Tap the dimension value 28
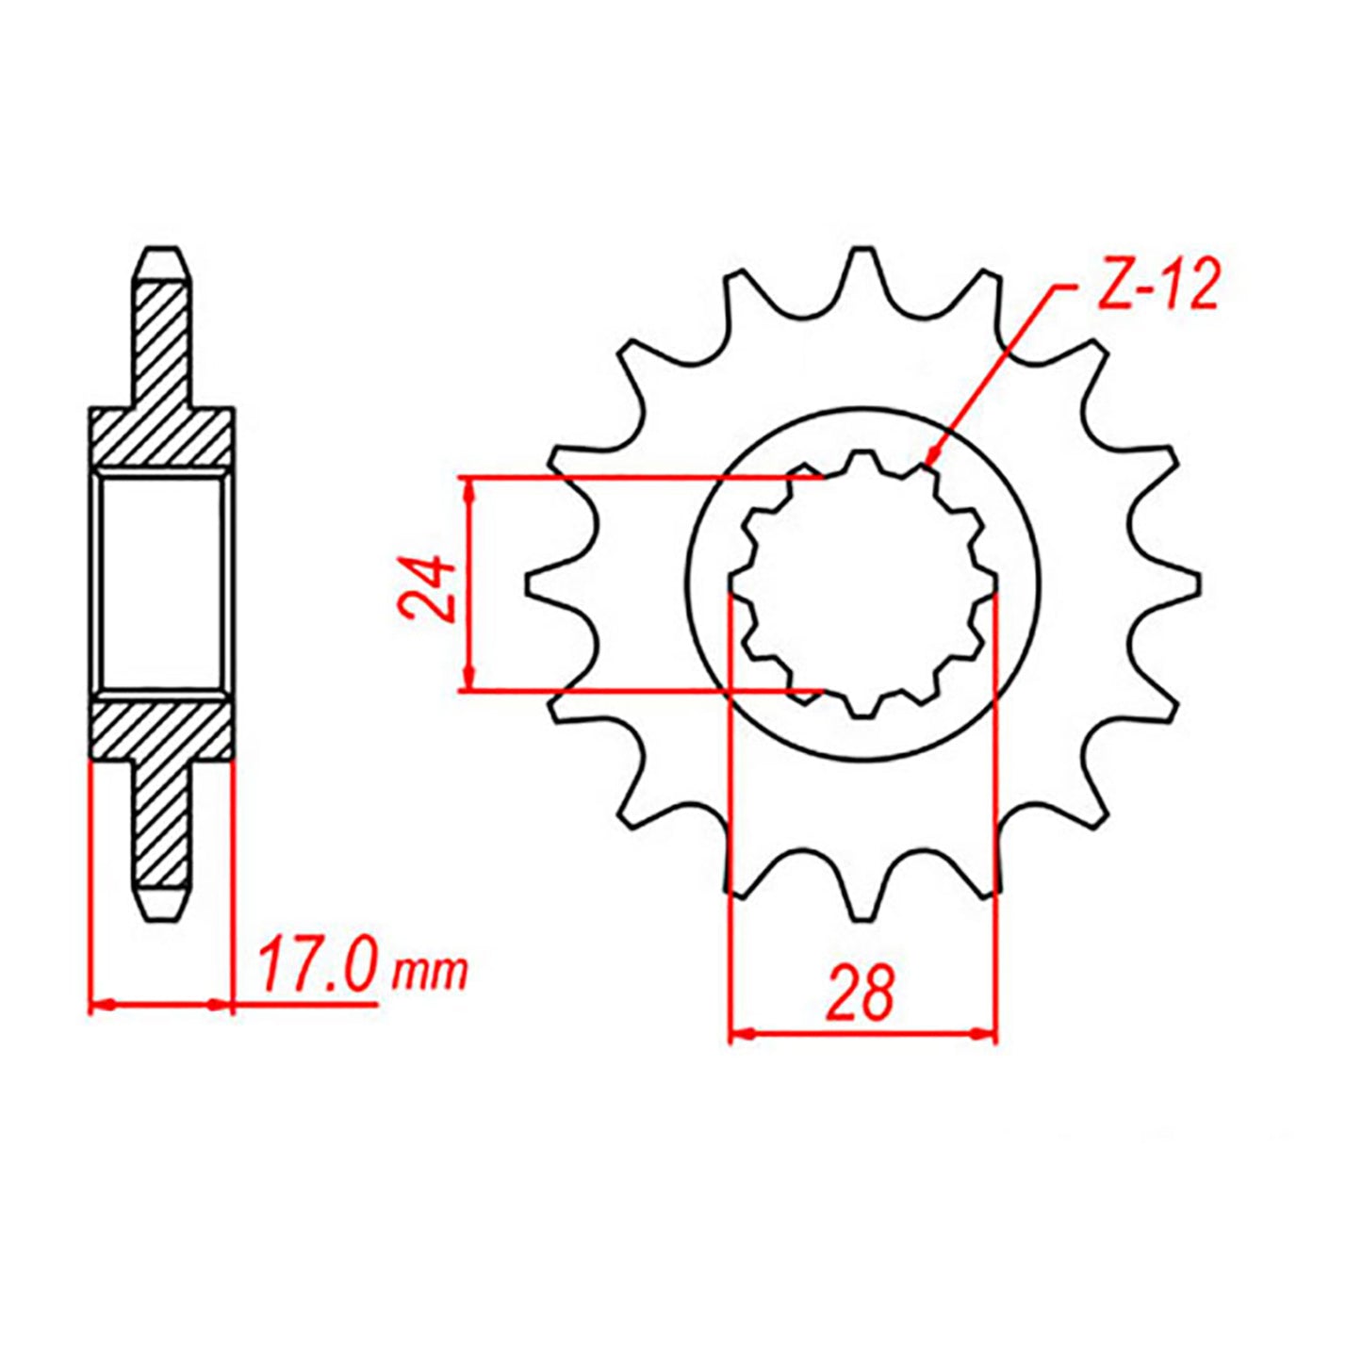(860, 993)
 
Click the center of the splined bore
(862, 584)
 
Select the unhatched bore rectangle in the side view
(162, 583)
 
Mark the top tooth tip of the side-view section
(163, 257)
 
